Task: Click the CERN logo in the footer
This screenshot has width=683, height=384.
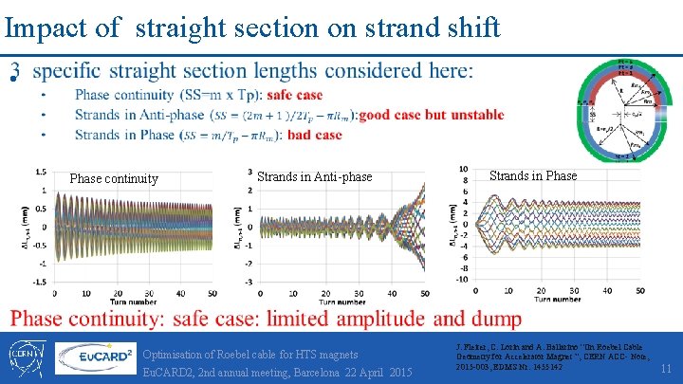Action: [x=26, y=357]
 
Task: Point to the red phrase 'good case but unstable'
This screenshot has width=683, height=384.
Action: [x=445, y=115]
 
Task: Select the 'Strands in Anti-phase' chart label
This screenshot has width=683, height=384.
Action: [x=315, y=176]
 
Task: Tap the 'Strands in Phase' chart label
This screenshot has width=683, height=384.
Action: [x=532, y=174]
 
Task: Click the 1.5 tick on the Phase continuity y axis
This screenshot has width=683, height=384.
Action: [x=40, y=172]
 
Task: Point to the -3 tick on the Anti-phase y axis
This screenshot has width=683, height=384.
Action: [x=246, y=282]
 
